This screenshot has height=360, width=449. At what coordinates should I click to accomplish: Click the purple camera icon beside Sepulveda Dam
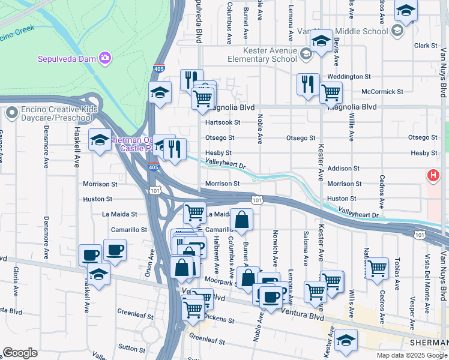(x=106, y=58)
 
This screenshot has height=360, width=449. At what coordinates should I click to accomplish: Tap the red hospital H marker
(x=432, y=176)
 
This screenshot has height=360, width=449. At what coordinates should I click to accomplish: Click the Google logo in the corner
(x=20, y=353)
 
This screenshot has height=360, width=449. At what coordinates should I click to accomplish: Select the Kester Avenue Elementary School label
(x=262, y=55)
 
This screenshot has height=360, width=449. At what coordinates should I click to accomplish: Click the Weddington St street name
(x=345, y=77)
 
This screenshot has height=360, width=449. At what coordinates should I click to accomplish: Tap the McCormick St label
(x=382, y=92)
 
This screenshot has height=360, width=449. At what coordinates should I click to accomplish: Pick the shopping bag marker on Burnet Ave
(x=241, y=220)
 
